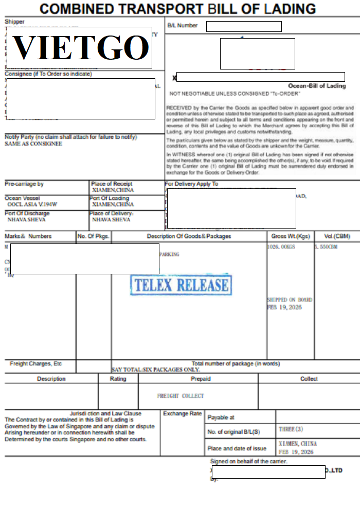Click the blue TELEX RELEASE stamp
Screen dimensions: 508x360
click(181, 285)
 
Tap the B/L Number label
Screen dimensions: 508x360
click(183, 26)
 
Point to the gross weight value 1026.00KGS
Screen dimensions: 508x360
click(281, 247)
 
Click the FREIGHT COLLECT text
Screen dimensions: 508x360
click(181, 396)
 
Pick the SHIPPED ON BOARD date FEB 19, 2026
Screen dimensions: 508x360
click(284, 307)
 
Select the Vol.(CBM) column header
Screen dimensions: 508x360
click(337, 236)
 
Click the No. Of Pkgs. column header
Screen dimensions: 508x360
click(93, 236)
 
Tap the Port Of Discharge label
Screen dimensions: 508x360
click(27, 213)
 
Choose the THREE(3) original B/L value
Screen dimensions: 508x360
click(291, 429)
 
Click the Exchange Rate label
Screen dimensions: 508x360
click(182, 414)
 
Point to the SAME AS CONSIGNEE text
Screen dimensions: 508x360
click(33, 144)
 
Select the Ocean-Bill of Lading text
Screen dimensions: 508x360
click(317, 86)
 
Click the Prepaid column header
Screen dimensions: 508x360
click(200, 379)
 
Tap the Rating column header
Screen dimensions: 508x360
click(118, 379)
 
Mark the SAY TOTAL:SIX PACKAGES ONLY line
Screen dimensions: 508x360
click(156, 370)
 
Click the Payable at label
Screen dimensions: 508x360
click(221, 417)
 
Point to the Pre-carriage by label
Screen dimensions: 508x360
click(24, 184)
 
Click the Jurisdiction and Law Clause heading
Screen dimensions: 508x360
click(105, 413)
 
